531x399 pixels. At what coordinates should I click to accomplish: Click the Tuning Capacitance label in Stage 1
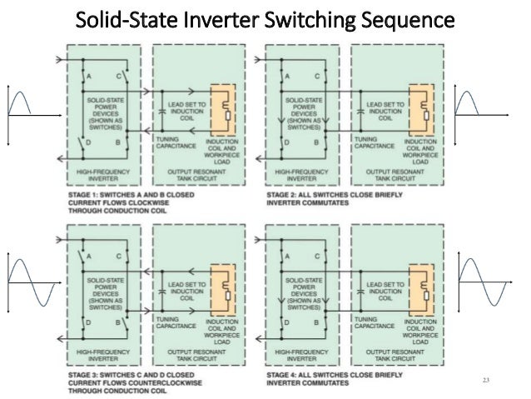coord(173,142)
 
